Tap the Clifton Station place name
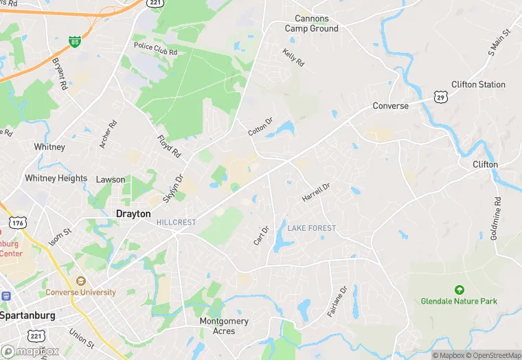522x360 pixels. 478,85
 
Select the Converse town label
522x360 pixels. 390,106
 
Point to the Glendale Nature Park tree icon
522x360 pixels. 459,290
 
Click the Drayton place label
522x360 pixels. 133,214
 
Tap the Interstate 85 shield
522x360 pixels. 73,42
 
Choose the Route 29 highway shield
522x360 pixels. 440,98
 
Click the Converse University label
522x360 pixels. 80,292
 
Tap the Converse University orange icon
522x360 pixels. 81,281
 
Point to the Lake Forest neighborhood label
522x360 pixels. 312,228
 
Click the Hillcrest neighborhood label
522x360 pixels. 176,223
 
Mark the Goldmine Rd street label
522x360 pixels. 496,218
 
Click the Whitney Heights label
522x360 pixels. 56,178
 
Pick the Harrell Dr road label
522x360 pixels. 316,192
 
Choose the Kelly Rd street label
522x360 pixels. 293,56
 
